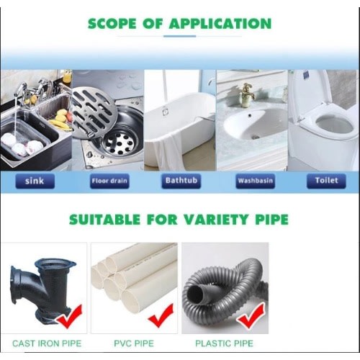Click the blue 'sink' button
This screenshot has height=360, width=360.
pos(35,181)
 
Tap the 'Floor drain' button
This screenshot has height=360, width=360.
pos(109,181)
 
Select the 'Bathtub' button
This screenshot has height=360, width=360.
pos(181,181)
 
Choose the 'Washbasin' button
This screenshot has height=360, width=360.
pos(256,181)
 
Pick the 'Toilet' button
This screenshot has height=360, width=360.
pos(326,181)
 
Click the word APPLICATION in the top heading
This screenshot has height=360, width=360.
pos(220,24)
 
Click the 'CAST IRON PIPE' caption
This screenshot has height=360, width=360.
pos(47,343)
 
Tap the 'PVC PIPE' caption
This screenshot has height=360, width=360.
pos(134,343)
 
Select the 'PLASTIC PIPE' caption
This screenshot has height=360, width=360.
pos(224,343)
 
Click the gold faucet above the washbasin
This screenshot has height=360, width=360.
pos(248,94)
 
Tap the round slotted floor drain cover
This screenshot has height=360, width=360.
pos(95,113)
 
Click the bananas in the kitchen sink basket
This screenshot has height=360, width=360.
pos(59,125)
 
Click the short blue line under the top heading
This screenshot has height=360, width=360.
pos(179,36)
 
